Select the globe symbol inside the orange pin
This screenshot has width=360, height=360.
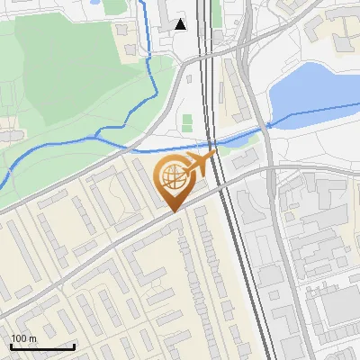point(173,176)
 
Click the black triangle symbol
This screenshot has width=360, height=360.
point(182,24)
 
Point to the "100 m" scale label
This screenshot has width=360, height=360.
point(23,338)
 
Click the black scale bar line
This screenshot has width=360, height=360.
point(42,346)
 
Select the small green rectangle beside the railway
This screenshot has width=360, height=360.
point(187,122)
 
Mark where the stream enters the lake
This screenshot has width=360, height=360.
point(270,127)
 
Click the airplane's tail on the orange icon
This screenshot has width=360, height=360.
point(212,156)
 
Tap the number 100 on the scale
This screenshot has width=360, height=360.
point(19,338)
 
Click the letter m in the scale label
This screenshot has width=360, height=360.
point(32,339)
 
